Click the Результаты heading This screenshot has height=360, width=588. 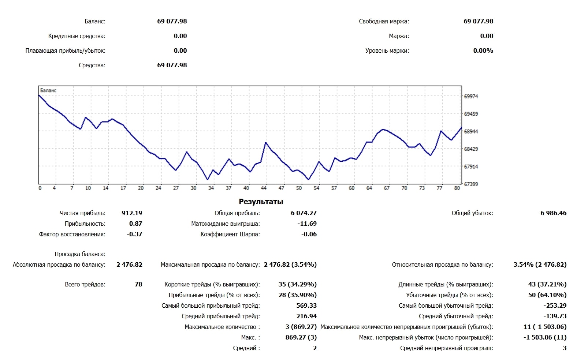(261, 202)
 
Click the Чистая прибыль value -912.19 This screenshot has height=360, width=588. (131, 213)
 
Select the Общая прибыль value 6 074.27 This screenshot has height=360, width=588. (304, 213)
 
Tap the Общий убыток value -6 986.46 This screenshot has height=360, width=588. (552, 213)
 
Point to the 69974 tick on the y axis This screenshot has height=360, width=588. (471, 96)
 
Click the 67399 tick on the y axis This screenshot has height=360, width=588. (471, 184)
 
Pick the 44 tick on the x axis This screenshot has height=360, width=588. (264, 188)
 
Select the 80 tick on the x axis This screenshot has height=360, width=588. (457, 188)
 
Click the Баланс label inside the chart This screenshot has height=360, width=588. (48, 90)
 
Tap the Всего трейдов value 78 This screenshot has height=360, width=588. (138, 284)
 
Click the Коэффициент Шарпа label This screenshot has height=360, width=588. (230, 234)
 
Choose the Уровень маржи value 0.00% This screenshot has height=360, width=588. (483, 50)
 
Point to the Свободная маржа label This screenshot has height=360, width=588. (384, 21)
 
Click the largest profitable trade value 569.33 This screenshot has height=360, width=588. (306, 305)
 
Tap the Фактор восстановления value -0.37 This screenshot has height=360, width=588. (134, 234)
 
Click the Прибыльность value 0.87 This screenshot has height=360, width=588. (135, 224)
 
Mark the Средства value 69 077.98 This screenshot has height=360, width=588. (172, 65)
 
